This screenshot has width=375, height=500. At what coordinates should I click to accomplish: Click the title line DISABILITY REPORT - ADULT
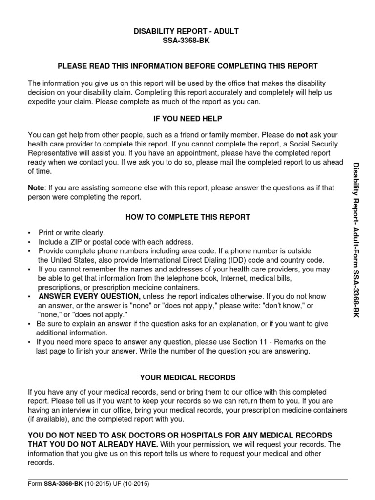(x=187, y=31)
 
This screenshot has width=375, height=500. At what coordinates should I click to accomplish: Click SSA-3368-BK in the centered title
(x=187, y=41)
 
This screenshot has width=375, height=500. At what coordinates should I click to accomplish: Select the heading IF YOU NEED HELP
(x=187, y=119)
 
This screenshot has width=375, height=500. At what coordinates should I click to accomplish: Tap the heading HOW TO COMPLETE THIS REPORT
(x=187, y=217)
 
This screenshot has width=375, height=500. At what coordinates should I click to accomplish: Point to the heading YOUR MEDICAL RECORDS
(x=187, y=377)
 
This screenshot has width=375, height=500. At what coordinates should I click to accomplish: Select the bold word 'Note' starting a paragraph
(x=36, y=187)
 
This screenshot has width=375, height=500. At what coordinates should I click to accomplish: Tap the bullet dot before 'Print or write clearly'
(x=29, y=233)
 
